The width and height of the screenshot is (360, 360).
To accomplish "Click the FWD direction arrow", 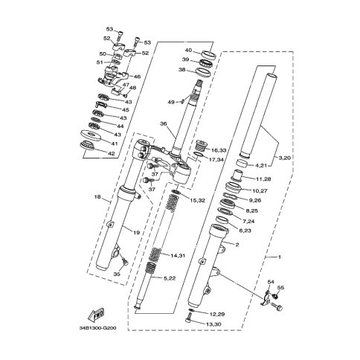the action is click(97, 314).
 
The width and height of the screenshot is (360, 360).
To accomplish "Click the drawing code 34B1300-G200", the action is click(97, 328).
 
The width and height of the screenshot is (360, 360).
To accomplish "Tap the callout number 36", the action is click(163, 123).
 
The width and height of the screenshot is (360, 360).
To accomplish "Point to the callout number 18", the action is click(97, 197).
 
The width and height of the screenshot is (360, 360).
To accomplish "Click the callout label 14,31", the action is click(178, 255).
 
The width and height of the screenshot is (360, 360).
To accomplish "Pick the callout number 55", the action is click(280, 288).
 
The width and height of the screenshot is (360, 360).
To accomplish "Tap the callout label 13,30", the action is click(213, 324).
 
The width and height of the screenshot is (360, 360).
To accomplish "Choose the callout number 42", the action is click(112, 153).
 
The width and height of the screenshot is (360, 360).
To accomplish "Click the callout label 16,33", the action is click(219, 150).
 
